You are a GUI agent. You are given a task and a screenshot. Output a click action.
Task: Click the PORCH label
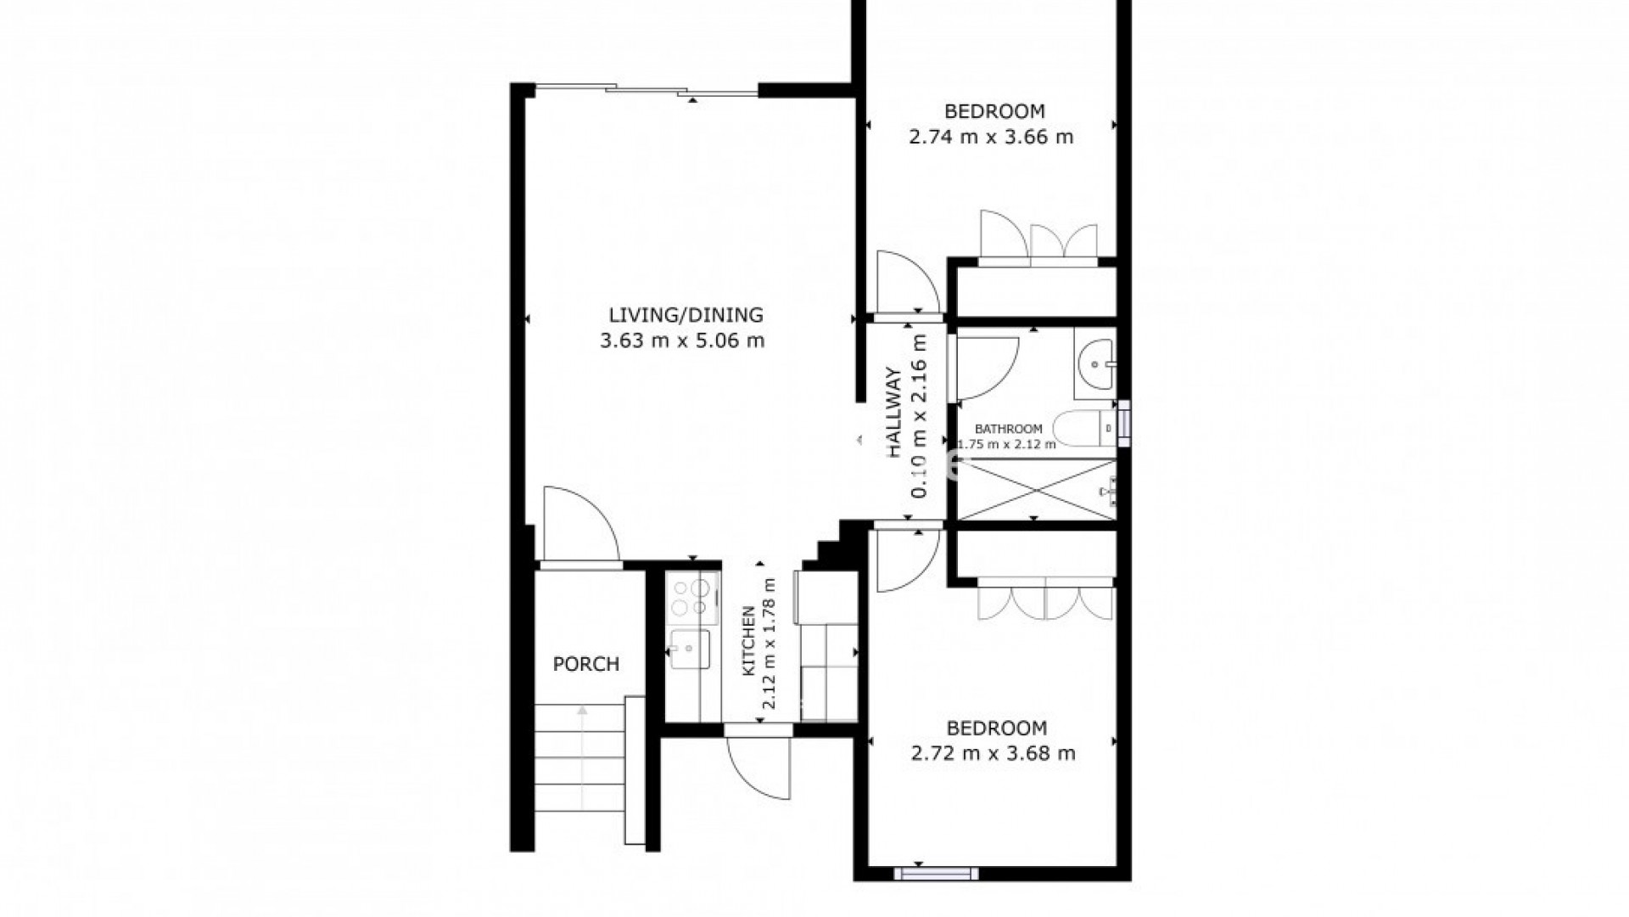point(585,664)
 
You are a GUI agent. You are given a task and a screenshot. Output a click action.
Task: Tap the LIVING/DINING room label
point(686,315)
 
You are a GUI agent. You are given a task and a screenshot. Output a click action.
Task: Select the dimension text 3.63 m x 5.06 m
point(682,341)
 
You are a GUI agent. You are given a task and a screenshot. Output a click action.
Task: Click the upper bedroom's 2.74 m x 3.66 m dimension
point(991,137)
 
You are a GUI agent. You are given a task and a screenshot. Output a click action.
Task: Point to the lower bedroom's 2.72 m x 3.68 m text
point(993,753)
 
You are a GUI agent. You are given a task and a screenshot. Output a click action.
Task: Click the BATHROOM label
point(1008,429)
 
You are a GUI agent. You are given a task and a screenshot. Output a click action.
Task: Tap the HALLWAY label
point(893,413)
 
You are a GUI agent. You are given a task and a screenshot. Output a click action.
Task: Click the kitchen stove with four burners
point(691,597)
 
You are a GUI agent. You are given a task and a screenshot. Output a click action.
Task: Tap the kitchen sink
point(689,650)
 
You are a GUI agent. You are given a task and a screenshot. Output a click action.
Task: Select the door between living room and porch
point(579,527)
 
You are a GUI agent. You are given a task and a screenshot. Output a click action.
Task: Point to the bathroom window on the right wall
point(1124,423)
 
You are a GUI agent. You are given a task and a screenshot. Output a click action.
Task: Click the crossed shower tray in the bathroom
point(1035,490)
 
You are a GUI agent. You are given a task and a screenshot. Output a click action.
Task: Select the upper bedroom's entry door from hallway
point(907,285)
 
